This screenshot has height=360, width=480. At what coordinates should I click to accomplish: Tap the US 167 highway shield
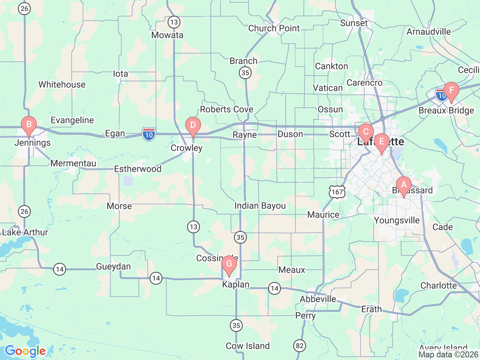point(337,192)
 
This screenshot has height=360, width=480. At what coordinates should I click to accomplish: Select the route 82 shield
point(300,345)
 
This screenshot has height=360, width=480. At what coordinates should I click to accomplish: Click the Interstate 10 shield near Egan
point(149,134)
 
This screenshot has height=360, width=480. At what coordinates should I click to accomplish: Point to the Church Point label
point(274,28)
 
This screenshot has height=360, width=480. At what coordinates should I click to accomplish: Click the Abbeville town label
point(318,299)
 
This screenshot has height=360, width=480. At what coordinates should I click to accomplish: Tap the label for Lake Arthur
point(25,232)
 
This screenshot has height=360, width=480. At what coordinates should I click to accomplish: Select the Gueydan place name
point(113,267)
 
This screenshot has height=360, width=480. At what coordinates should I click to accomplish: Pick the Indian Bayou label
point(260,206)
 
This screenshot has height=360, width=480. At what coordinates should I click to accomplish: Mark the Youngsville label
point(397,220)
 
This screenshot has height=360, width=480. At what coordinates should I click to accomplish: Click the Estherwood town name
point(138,169)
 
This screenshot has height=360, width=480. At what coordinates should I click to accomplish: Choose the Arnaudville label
point(429,32)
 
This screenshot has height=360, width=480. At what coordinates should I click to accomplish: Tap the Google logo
point(25,351)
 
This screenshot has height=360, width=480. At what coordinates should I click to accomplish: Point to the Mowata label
point(167,35)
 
